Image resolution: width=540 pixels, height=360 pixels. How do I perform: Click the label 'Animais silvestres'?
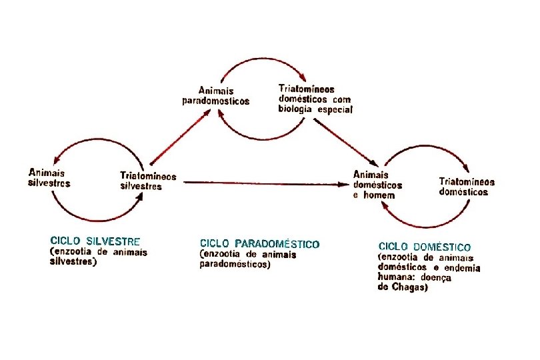coord(49,177)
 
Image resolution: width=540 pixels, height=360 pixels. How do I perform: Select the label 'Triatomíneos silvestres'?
coord(148,181)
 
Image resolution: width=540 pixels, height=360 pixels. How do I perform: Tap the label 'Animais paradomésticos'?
coord(216,95)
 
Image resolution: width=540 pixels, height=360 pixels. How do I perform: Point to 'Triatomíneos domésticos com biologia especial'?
coord(315,99)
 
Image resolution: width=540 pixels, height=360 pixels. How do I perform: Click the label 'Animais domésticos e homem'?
coord(377,185)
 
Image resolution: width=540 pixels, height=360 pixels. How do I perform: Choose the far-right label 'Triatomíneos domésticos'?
coord(467,186)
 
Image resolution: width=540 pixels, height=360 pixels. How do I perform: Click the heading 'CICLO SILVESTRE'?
coord(95,241)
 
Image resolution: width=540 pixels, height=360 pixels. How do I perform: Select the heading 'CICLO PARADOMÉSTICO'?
coord(259,244)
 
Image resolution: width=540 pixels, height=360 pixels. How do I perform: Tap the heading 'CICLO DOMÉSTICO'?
coord(425,247)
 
